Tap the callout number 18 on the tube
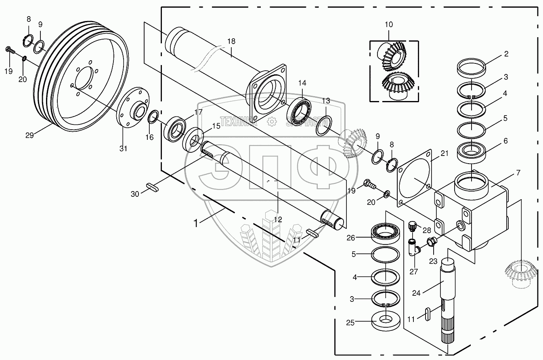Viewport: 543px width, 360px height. tap(231, 42)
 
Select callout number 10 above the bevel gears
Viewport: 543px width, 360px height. tap(388, 24)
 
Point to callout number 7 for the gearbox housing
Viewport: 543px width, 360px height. tap(518, 173)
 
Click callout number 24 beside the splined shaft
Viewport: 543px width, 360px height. tap(416, 293)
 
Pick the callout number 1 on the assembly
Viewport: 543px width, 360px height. tap(196, 223)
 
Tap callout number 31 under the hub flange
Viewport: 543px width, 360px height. tap(123, 148)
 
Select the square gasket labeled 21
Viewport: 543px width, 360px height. tap(416, 178)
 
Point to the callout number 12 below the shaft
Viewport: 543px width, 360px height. tap(278, 219)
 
